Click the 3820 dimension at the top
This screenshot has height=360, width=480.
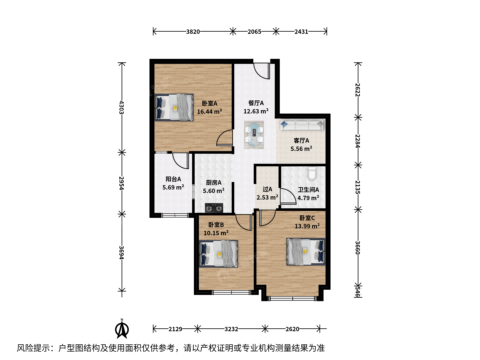click(193, 32)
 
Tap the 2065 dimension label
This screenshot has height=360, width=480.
click(254, 32)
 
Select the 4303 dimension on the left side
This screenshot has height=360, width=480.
click(121, 107)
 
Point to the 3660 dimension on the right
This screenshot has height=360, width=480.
click(358, 248)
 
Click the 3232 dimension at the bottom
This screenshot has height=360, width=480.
click(231, 329)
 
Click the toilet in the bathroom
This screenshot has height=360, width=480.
click(312, 173)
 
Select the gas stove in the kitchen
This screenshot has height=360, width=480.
click(214, 208)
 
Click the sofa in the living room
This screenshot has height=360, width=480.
click(302, 125)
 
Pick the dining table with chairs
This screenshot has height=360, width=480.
click(254, 135)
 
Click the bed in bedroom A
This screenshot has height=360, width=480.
click(174, 107)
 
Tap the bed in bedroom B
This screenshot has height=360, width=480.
click(218, 254)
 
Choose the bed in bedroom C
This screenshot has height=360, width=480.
click(306, 252)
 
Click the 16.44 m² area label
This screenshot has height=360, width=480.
click(209, 111)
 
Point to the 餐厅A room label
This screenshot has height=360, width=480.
click(256, 103)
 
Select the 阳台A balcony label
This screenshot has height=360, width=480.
click(173, 179)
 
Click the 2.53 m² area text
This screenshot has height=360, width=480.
click(267, 197)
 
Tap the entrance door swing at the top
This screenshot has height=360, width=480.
click(262, 71)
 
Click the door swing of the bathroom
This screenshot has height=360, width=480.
click(288, 197)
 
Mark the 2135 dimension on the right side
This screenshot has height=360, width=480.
click(358, 187)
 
